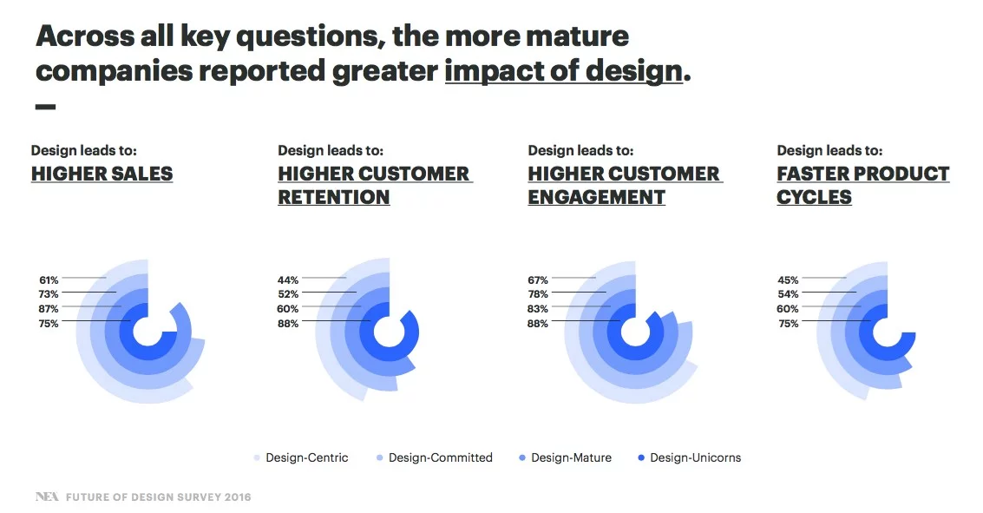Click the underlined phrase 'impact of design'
[x=563, y=70]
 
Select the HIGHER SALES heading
[x=102, y=174]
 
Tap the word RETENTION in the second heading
[x=333, y=197]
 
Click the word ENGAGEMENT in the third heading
[x=596, y=197]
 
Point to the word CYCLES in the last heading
[x=814, y=197]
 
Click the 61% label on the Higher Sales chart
[x=49, y=280]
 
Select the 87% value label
[x=49, y=309]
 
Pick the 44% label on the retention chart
[x=288, y=280]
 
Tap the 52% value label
[x=288, y=294]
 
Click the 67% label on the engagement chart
[x=538, y=280]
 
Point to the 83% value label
[x=538, y=309]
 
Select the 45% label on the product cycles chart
[x=788, y=280]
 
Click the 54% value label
[x=788, y=294]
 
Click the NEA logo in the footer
[x=45, y=497]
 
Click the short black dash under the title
[x=45, y=107]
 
